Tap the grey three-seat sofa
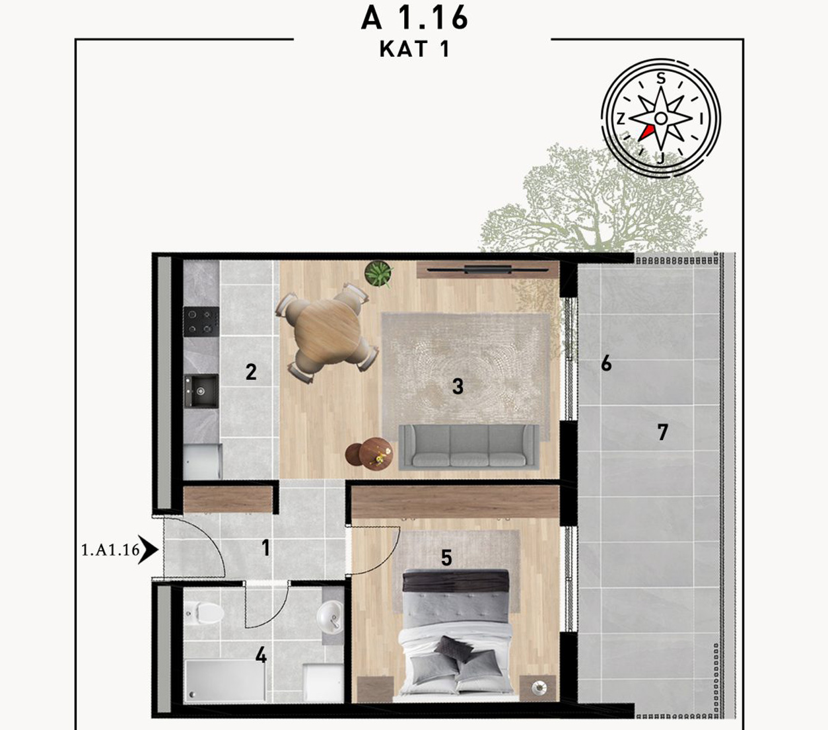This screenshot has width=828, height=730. coord(468,447)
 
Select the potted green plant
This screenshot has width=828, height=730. coord(378,274)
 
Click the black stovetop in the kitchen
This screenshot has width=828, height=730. coord(201,322)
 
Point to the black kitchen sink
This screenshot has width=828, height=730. coord(201,390)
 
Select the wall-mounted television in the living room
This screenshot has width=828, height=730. coord(487,270)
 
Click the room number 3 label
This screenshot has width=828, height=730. coord(458,386)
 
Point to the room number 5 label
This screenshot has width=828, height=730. coord(446,558)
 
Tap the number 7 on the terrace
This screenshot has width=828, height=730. coord(662,432)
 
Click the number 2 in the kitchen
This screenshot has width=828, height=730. coord(251,372)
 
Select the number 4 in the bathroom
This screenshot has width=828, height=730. coord(261,656)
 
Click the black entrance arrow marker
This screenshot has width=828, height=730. coord(148,550)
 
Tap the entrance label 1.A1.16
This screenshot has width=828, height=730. coord(111,550)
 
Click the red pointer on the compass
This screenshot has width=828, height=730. coord(646,133)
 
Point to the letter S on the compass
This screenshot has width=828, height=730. coord(660,78)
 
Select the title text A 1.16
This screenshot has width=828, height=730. coord(415,18)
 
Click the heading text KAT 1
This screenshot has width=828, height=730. coord(415,49)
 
